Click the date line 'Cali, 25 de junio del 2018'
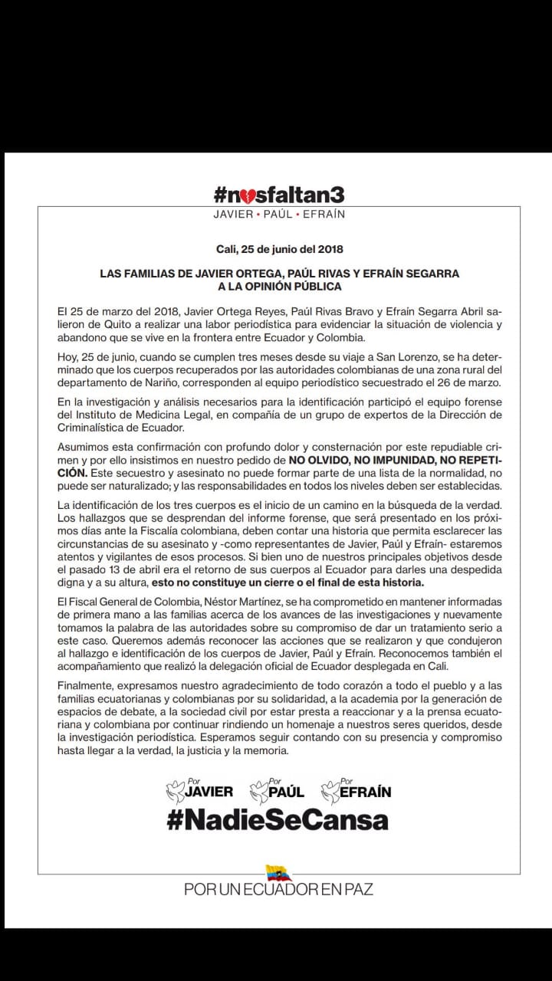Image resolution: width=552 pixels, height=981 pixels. (x=279, y=249)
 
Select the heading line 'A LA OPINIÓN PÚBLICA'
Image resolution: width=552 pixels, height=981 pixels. (x=279, y=287)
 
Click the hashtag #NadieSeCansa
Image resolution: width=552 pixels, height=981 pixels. (x=278, y=820)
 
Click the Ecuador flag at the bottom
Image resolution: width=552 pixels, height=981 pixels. (x=278, y=872)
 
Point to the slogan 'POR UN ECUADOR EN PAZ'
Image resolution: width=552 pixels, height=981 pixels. (x=278, y=890)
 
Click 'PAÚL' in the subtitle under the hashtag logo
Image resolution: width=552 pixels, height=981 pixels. (x=278, y=215)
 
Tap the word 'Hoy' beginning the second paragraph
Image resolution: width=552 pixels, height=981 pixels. (x=67, y=357)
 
